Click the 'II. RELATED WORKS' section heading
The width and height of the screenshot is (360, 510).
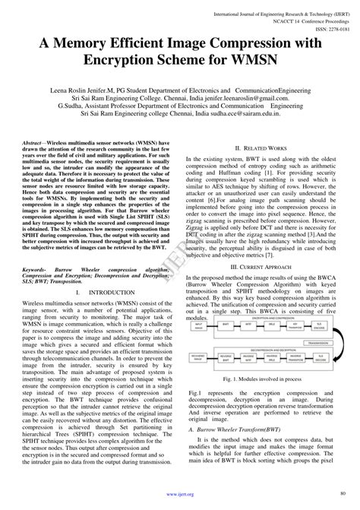point(261,148)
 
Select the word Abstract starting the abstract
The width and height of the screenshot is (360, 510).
point(33,143)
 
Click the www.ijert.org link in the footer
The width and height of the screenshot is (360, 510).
point(180,494)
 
